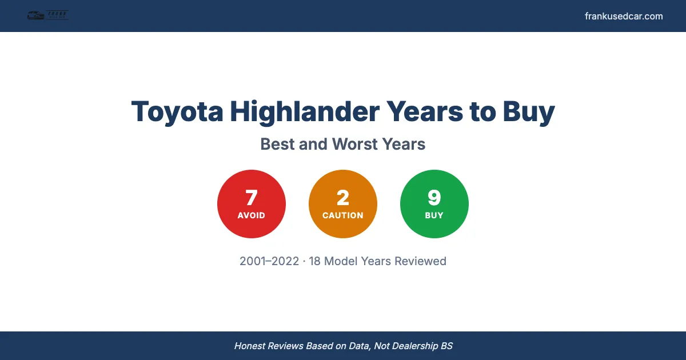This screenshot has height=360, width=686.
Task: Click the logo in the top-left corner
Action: pos(48,15)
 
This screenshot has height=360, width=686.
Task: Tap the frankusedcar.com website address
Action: pos(624,16)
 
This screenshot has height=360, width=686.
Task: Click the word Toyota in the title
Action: pos(177,111)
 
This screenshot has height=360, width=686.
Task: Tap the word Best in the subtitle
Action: pos(278,144)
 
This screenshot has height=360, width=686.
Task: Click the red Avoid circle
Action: pos(252,204)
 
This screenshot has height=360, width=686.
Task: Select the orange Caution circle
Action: pos(343,204)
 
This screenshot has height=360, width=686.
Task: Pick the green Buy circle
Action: pos(434,204)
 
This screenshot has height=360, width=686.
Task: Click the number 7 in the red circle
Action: pos(252,198)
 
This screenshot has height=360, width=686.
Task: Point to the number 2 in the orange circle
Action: pos(343,198)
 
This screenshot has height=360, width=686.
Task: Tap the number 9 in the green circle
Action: pos(434,198)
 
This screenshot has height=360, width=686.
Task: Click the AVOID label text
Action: pos(252,215)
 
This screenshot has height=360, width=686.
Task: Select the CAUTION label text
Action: pos(343,215)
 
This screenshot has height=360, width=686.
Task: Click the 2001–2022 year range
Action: pos(269,261)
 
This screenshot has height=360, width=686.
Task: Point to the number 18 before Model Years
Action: pos(315,261)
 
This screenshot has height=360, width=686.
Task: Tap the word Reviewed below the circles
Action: pos(420,261)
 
